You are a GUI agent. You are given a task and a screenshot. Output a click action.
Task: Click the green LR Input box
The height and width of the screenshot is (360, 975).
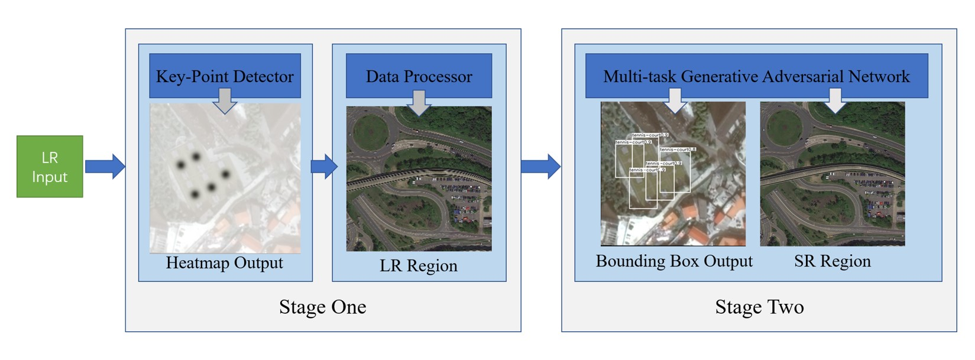point(50,167)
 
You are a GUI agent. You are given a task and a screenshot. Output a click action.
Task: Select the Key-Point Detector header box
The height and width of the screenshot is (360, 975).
point(225,76)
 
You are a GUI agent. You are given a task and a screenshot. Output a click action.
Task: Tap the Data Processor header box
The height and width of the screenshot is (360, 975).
point(419,76)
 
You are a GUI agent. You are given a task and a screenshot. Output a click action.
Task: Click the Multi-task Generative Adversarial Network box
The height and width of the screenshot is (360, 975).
point(756,76)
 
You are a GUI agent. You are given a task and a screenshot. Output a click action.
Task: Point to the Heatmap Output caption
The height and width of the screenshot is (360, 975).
point(224,262)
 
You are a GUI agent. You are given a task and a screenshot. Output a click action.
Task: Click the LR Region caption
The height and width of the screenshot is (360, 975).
point(418,265)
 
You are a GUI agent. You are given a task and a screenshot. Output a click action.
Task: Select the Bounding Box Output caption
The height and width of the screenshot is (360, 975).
point(673,261)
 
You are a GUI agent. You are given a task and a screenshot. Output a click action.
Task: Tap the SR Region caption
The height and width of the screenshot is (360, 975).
point(832,261)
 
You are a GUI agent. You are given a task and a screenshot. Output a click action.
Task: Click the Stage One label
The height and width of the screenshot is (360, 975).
point(322,307)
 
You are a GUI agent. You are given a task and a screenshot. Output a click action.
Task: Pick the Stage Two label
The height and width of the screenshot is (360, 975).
point(759,307)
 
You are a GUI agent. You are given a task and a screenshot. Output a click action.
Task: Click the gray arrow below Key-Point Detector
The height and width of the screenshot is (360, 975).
point(225,101)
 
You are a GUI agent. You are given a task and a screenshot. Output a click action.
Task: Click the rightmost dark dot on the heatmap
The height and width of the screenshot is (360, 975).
point(225,174)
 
